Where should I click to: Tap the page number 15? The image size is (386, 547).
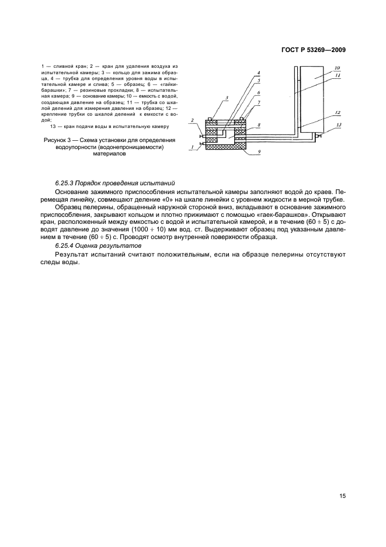(x=342, y=496)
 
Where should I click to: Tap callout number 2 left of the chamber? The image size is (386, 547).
(x=192, y=121)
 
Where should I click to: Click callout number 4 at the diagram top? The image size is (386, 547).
(x=259, y=73)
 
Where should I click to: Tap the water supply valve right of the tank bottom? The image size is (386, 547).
(x=318, y=137)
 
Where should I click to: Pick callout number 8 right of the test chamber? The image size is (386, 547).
(x=259, y=126)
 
